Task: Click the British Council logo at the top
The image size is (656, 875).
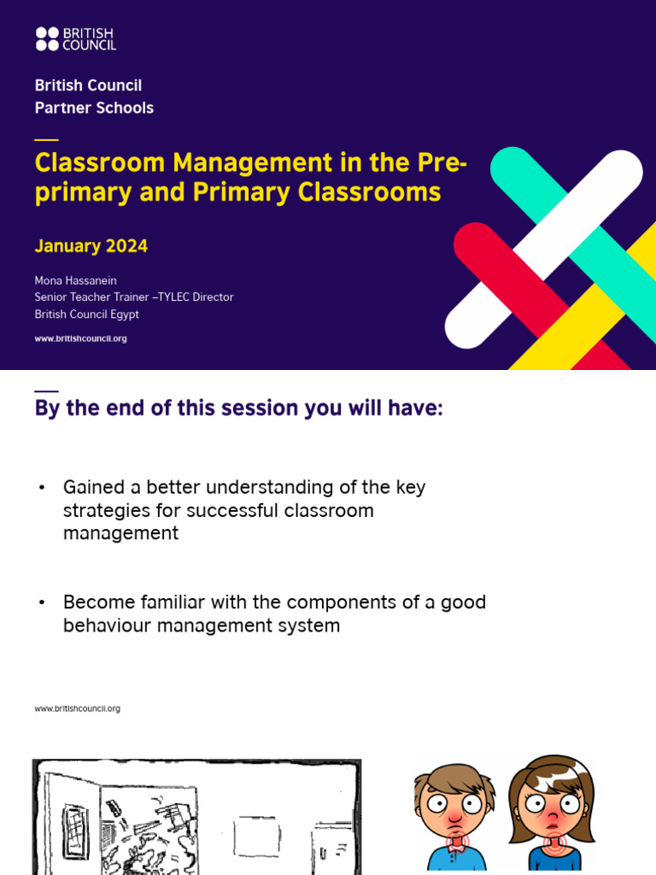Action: (75, 38)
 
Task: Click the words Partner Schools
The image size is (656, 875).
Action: (94, 108)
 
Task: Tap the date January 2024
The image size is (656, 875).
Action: (91, 246)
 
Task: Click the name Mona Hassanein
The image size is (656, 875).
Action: (76, 280)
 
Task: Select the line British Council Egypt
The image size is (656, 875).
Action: (86, 314)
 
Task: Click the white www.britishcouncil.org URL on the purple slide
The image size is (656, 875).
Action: (80, 338)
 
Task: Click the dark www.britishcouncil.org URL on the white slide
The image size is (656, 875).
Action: (77, 708)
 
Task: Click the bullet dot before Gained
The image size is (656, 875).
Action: (40, 487)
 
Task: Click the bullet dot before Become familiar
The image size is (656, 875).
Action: (40, 602)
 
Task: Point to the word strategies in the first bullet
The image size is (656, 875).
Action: (106, 510)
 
